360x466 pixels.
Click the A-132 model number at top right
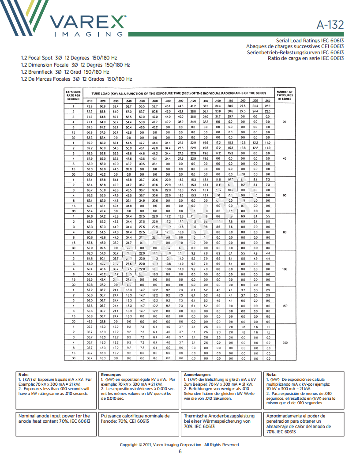click(330, 25)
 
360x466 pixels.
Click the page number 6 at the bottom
click(180, 451)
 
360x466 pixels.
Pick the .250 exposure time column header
click(267, 101)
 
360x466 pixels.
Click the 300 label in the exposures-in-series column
click(285, 342)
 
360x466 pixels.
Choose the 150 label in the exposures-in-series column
click(285, 306)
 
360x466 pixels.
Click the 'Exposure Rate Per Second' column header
click(73, 95)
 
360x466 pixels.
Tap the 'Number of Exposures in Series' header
click(285, 95)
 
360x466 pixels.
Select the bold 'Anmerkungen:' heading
click(197, 374)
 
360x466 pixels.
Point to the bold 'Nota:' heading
click(272, 374)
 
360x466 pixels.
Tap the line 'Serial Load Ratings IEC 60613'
click(310, 41)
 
